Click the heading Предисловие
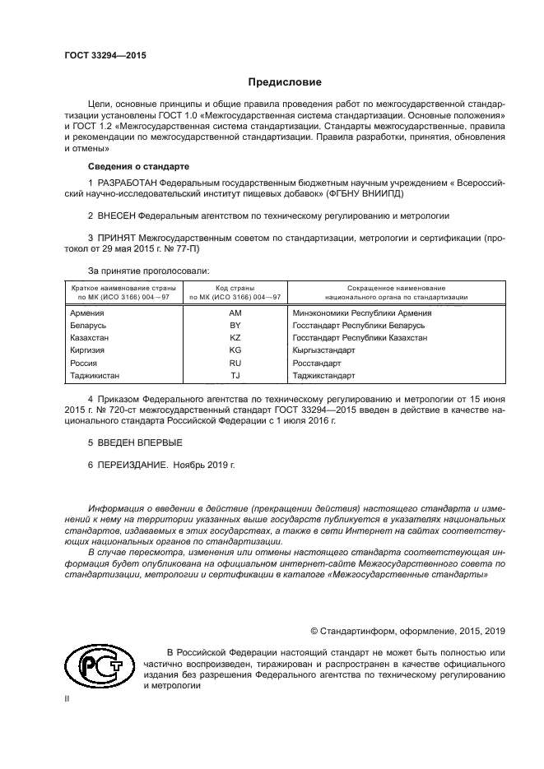click(285, 82)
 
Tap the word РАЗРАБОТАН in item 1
click(125, 180)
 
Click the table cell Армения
click(87, 313)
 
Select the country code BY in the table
click(235, 326)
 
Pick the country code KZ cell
click(235, 338)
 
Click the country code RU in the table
click(235, 363)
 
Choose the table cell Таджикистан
click(95, 375)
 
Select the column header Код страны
click(235, 288)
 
